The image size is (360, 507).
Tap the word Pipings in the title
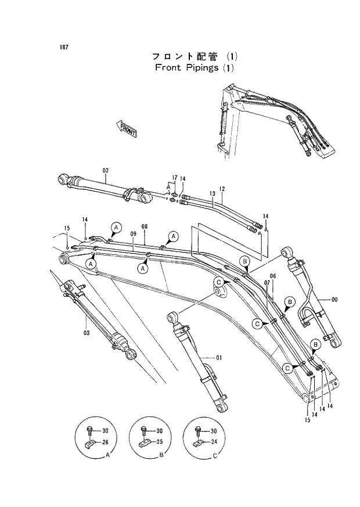pos(194,67)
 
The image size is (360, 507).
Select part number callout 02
pos(106,170)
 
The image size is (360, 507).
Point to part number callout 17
pos(174,178)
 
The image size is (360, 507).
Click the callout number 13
pos(213,193)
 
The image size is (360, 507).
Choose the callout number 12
pos(222,189)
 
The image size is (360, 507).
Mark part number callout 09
pos(133,234)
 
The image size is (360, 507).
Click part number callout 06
pos(273,276)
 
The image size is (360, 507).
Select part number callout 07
pos(267,282)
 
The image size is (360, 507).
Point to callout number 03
pos(86,332)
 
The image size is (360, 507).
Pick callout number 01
pos(219,358)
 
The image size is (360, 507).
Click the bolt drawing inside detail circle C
pos(197,431)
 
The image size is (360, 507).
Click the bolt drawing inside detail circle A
pos(90,431)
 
